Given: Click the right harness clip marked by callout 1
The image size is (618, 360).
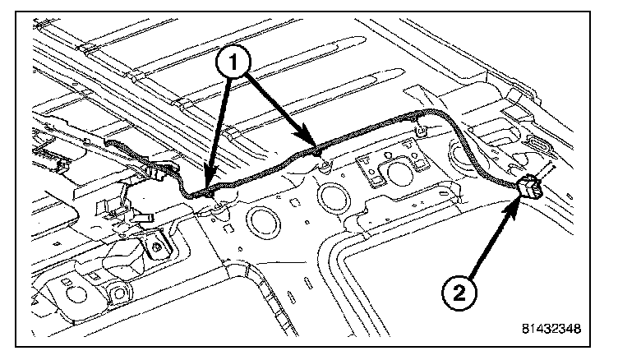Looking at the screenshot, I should tap(316, 150).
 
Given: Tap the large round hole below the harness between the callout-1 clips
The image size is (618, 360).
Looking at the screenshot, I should tap(265, 221).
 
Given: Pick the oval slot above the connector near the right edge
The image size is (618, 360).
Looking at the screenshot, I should tap(539, 146).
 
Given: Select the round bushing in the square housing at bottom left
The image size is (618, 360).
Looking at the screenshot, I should tap(120, 293).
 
